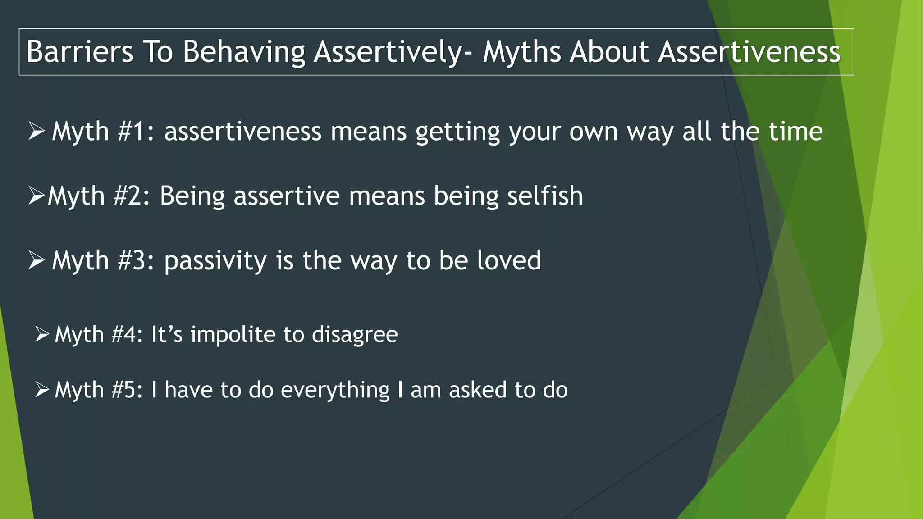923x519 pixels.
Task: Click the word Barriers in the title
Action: (80, 51)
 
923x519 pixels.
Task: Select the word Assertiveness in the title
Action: (749, 51)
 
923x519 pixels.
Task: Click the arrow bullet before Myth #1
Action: (36, 132)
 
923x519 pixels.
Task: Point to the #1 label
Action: (135, 132)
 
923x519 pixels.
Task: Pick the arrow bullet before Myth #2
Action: (36, 196)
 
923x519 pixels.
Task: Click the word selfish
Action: (545, 196)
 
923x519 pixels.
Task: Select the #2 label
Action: (131, 196)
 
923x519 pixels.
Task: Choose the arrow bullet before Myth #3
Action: (36, 260)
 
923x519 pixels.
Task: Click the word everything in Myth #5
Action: (335, 390)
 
